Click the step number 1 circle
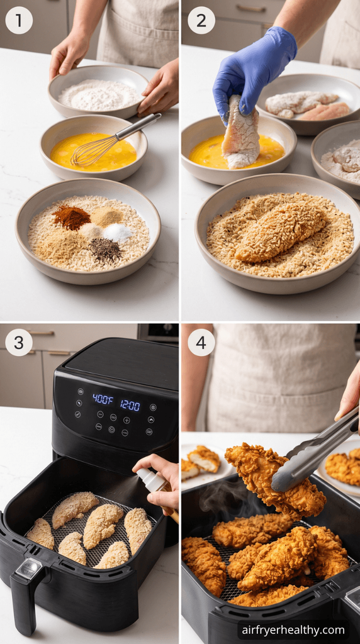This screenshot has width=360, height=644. coord(19,21)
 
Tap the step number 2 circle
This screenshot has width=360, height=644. coord(201,21)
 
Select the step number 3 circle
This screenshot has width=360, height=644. coord(19,343)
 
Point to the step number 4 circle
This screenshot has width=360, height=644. coord(201,343)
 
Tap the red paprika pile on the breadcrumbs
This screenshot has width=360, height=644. coord(72,218)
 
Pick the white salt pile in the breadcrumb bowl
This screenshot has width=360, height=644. coord(118,233)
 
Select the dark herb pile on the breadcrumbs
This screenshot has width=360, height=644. coord(105,249)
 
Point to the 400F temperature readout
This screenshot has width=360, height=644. coord(103,399)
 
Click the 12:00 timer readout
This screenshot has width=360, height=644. coord(130,405)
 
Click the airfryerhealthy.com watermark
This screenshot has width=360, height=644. coord(293,630)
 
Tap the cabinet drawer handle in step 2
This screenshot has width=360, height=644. coord(251,8)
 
